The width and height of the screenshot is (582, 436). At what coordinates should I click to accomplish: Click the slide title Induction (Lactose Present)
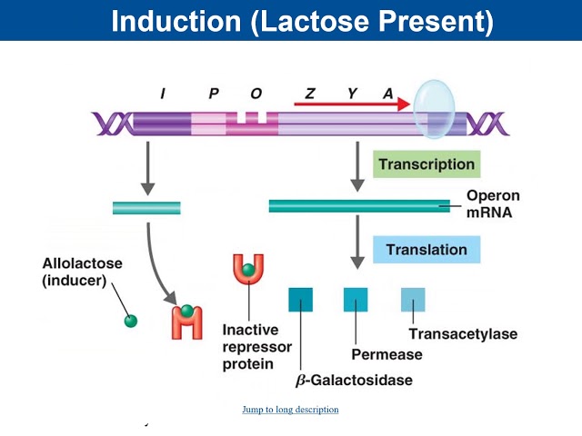coord(301,21)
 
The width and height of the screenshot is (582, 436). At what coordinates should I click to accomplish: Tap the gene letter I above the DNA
coord(163,94)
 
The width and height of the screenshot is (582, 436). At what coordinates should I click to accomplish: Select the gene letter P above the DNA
coord(214,94)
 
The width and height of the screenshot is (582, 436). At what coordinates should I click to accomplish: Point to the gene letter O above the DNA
coord(256,94)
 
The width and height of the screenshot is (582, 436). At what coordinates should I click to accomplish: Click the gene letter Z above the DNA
coord(310,94)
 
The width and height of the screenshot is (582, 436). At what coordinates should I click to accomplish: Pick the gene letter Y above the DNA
coord(351,94)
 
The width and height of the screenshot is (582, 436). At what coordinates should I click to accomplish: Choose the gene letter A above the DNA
coord(388,94)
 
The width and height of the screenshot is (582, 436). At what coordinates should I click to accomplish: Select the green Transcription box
coord(426,164)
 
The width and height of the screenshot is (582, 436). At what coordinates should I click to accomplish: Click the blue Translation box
coord(426,250)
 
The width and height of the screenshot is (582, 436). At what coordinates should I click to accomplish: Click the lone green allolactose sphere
coord(131,321)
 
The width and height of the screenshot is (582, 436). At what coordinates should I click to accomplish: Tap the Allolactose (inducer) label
coord(83,272)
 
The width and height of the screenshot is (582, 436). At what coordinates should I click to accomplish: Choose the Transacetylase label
coord(463,333)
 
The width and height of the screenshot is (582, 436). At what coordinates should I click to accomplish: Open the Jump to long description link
coord(290,410)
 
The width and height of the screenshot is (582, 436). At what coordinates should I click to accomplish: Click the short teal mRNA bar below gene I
coord(146,208)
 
